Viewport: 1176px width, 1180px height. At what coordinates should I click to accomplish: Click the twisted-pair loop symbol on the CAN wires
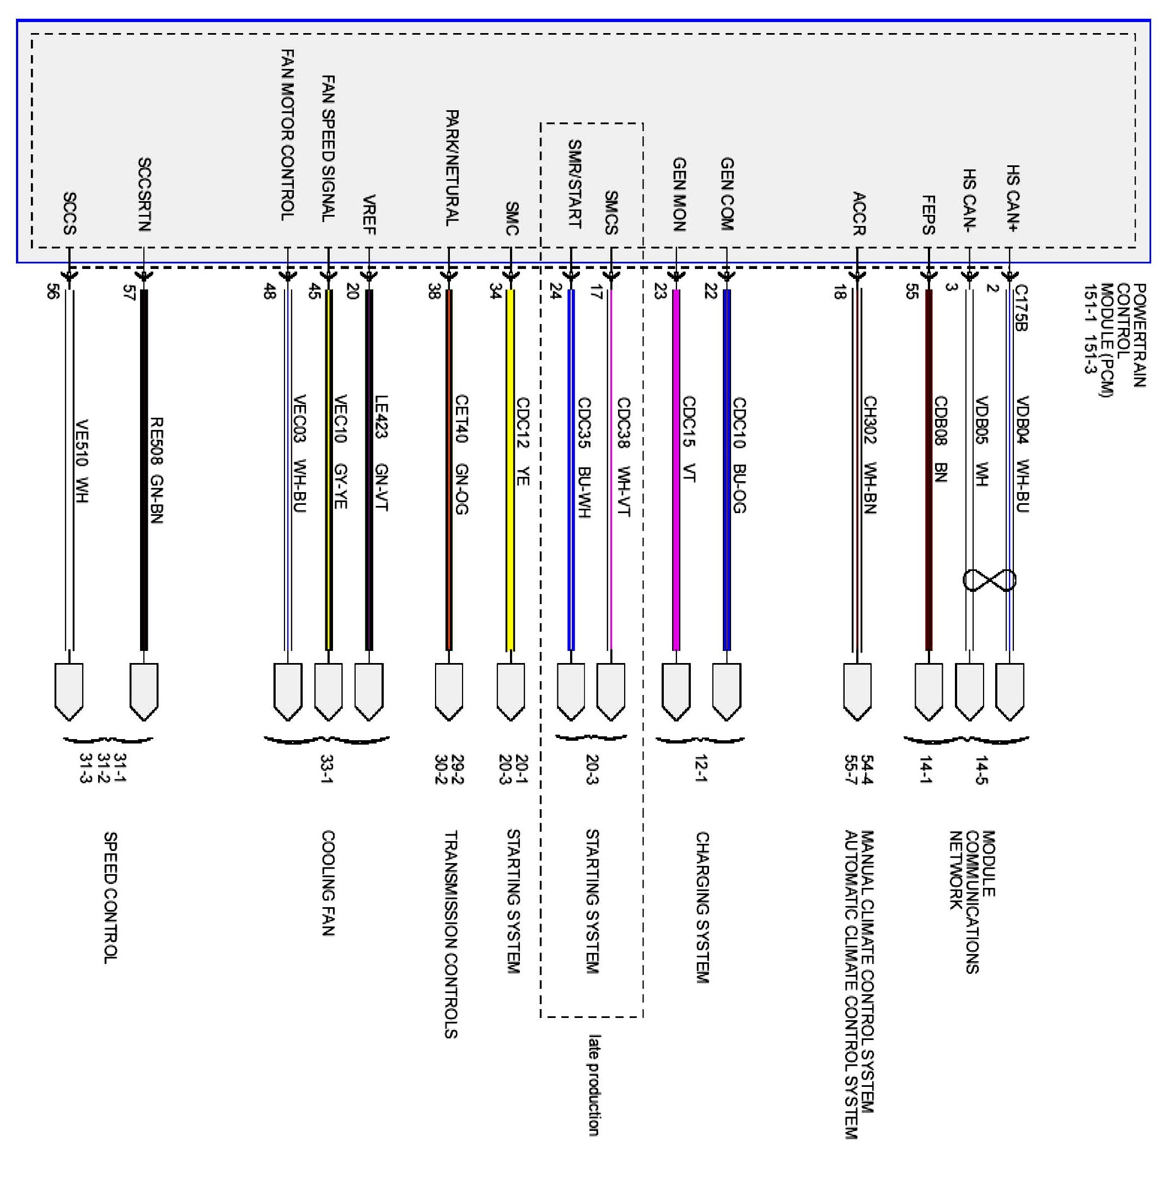[x=989, y=580]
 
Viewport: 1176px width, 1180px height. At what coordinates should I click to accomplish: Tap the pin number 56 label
[x=53, y=293]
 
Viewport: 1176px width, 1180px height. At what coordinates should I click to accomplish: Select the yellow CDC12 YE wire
[x=510, y=470]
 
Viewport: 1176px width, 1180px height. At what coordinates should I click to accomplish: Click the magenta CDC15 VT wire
[x=676, y=470]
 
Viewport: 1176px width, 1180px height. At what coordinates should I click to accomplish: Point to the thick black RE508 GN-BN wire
[x=144, y=470]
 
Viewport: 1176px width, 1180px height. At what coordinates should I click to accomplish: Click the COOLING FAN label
[x=328, y=883]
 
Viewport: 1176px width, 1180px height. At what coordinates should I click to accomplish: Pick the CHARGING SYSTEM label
[x=702, y=908]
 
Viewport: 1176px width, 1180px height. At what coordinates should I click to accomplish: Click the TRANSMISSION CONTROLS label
[x=451, y=935]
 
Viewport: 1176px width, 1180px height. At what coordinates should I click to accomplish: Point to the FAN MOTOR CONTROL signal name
[x=288, y=135]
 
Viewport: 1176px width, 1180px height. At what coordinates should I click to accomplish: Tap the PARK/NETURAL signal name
[x=452, y=168]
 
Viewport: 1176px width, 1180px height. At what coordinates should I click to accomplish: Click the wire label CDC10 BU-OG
[x=739, y=455]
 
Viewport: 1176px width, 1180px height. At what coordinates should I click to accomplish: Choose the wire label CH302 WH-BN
[x=870, y=455]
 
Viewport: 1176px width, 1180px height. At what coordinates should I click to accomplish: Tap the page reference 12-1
[x=701, y=769]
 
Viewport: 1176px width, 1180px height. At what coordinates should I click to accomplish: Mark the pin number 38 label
[x=434, y=293]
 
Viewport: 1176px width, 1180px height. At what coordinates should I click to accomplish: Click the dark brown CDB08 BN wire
[x=929, y=470]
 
